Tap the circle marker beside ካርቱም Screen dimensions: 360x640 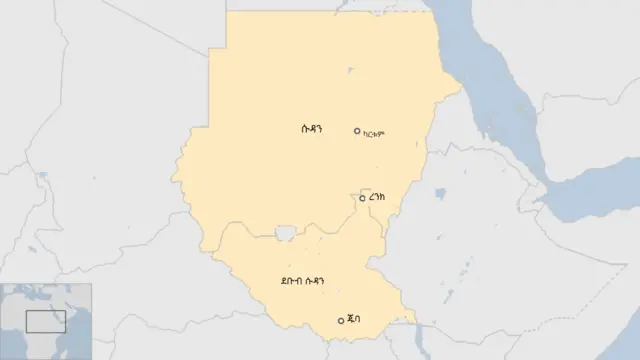tap(357, 131)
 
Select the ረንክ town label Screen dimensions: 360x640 tap(377, 199)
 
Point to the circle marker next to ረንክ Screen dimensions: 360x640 tap(362, 198)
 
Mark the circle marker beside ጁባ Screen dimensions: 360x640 tap(341, 320)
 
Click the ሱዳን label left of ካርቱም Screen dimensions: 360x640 tap(312, 129)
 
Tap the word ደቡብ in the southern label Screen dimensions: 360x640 tap(293, 282)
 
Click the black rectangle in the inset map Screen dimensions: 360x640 tap(45, 321)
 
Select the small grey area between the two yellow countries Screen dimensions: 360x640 tap(285, 233)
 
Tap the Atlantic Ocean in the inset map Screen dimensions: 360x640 tap(9, 340)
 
